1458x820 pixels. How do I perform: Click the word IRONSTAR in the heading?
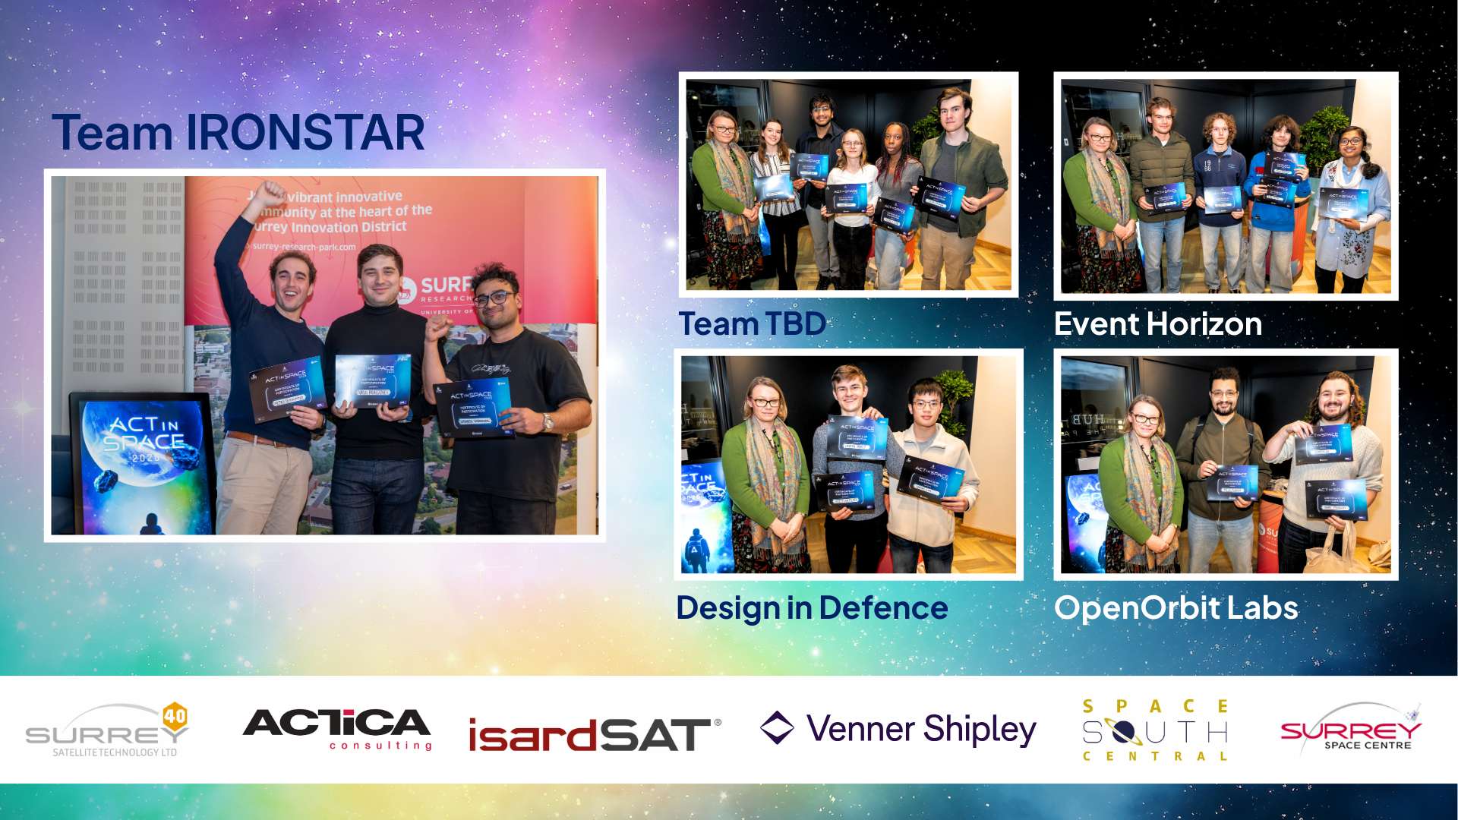point(305,133)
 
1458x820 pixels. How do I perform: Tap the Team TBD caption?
point(752,324)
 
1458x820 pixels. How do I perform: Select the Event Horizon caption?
point(1157,324)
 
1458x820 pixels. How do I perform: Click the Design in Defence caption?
point(812,608)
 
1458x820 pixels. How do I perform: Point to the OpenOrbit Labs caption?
point(1176,608)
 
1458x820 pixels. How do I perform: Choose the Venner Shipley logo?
point(898,729)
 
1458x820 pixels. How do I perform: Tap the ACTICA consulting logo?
point(337,729)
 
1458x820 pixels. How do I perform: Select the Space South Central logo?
point(1155,730)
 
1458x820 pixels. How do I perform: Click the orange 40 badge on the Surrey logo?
point(175,715)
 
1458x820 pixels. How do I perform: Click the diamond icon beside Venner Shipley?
point(777,727)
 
